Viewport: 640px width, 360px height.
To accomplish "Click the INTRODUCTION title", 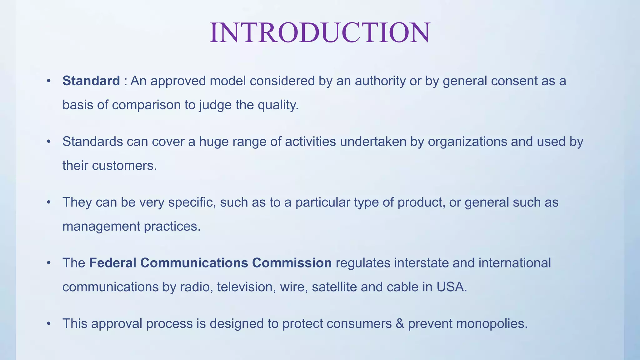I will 320,33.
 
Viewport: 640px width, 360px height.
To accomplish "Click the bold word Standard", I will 91,81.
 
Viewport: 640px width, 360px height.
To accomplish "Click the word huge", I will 213,142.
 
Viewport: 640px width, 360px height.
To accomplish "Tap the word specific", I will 192,202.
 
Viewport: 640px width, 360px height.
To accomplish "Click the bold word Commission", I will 292,263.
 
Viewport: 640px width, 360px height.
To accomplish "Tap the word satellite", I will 334,287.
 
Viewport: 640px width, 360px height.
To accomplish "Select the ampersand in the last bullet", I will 400,323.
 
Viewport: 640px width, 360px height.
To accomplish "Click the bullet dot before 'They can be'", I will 48,202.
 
